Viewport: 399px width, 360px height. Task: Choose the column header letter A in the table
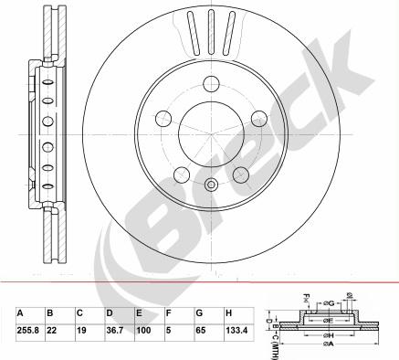coord(20,312)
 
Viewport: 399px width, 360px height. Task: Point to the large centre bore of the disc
coord(211,133)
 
